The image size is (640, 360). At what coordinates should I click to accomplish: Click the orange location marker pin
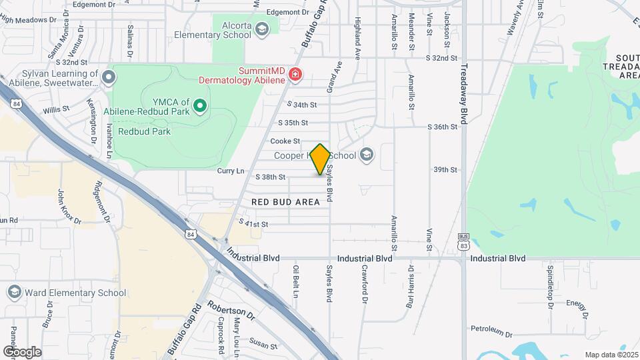tap(321, 159)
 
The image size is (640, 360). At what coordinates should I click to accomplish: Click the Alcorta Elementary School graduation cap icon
tap(262, 29)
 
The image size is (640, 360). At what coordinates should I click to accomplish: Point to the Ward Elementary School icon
tap(13, 292)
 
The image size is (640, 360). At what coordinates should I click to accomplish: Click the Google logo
tap(22, 351)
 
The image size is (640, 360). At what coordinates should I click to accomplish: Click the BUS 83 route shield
tap(464, 241)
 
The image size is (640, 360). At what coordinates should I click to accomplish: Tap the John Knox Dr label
tap(68, 207)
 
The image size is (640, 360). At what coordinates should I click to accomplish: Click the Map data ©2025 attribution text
tap(610, 355)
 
